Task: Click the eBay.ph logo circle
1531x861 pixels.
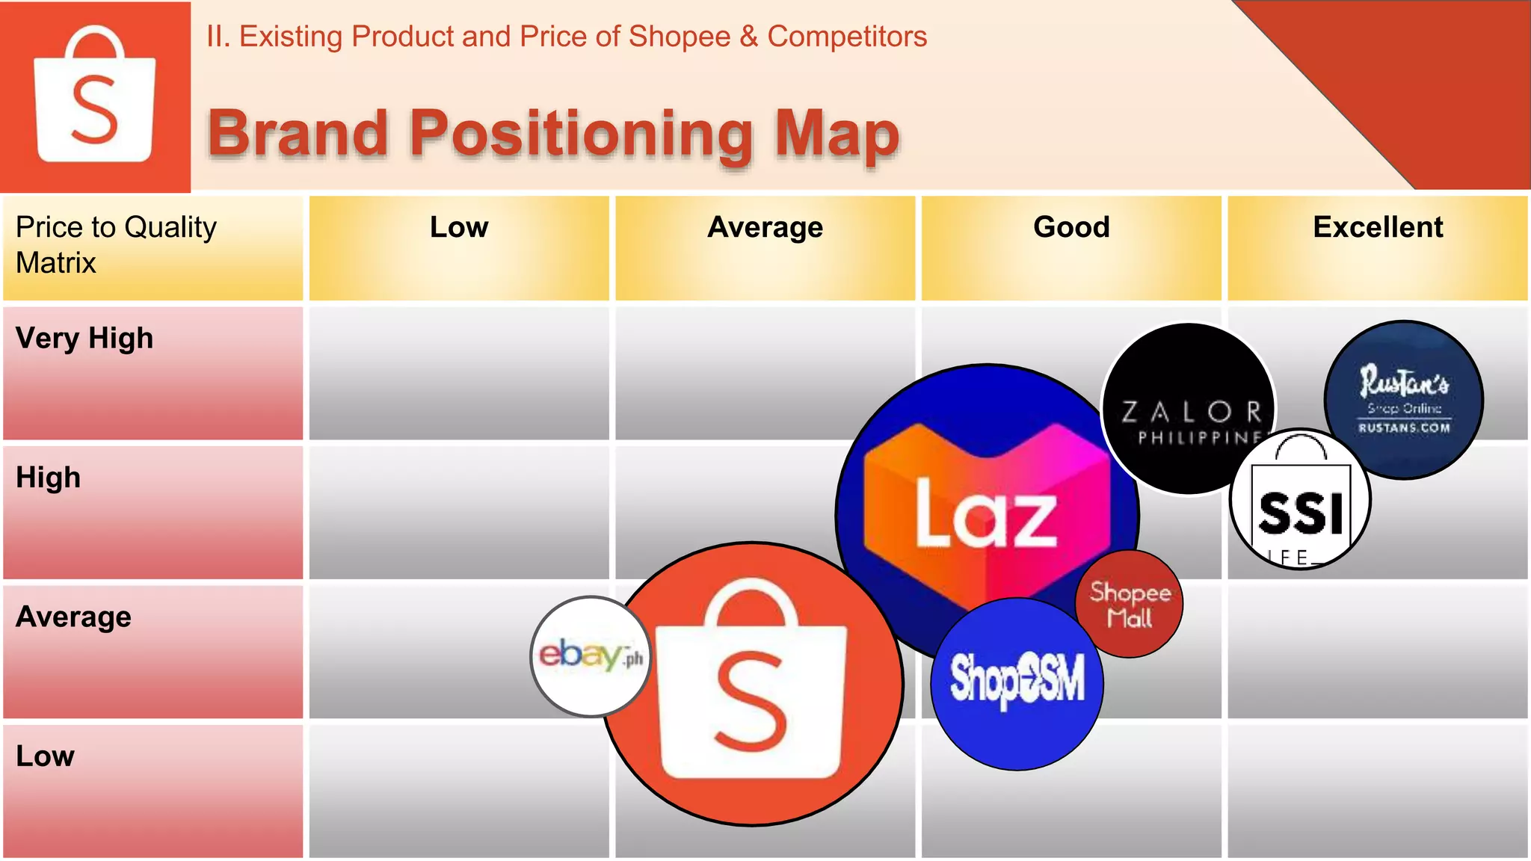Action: [x=590, y=656]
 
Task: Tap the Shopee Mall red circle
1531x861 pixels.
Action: [x=1130, y=604]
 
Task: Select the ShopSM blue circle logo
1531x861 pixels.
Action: [x=1017, y=683]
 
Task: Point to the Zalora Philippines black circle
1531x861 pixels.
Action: [x=1188, y=409]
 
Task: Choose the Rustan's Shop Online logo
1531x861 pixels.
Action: [x=1404, y=400]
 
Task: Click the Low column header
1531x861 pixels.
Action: [x=459, y=227]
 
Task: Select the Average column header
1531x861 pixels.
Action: [x=765, y=227]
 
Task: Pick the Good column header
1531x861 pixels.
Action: [x=1071, y=227]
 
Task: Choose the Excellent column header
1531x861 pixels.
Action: [x=1378, y=227]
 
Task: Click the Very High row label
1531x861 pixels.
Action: [x=84, y=339]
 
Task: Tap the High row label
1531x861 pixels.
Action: [x=49, y=478]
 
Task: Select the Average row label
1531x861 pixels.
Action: [x=74, y=617]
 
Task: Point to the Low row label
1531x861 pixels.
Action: [x=46, y=756]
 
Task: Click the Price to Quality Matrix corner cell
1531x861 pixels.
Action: [x=117, y=245]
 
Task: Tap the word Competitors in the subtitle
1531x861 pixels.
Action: [x=847, y=37]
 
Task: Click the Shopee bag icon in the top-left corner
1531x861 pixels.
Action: [x=95, y=96]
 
